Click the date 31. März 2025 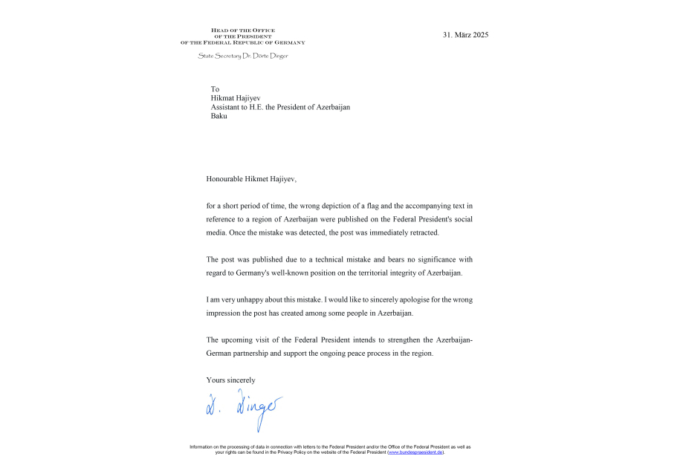pyautogui.click(x=465, y=35)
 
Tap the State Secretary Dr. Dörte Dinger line pyautogui.click(x=242, y=56)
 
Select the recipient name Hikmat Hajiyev pyautogui.click(x=236, y=98)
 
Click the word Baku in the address pyautogui.click(x=219, y=116)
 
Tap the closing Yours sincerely pyautogui.click(x=230, y=380)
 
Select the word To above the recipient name pyautogui.click(x=215, y=89)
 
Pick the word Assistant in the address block pyautogui.click(x=227, y=107)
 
